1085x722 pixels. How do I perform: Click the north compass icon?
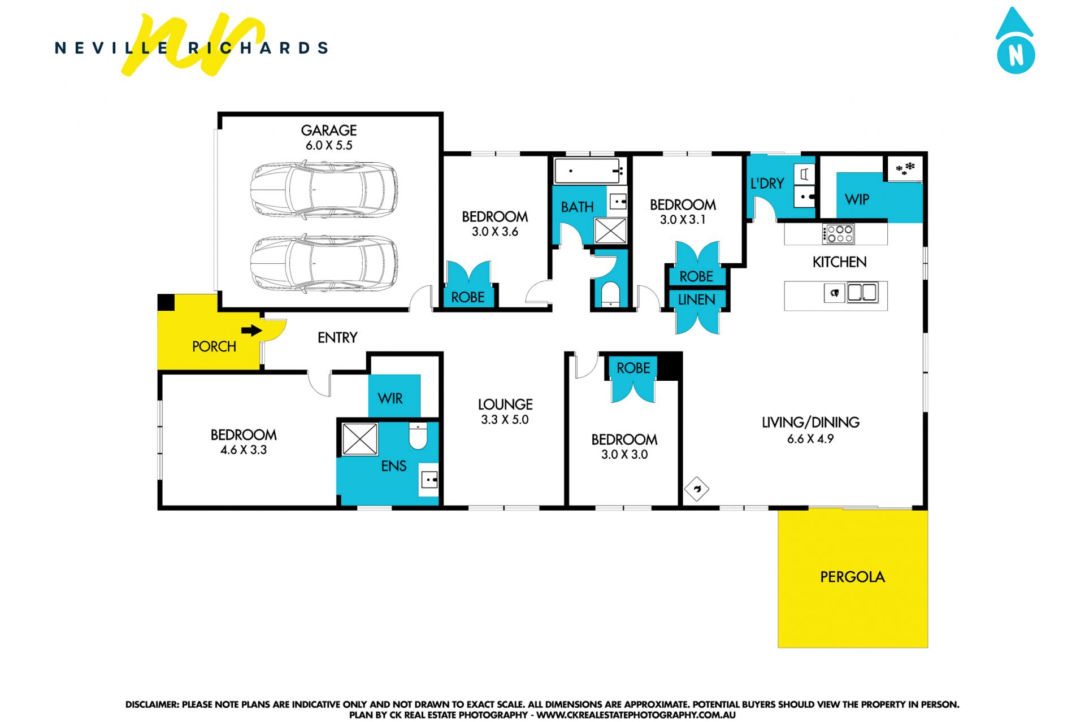(1015, 41)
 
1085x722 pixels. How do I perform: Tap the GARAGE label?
(329, 131)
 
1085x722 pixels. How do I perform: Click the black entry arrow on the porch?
(251, 330)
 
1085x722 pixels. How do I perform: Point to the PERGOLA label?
(852, 577)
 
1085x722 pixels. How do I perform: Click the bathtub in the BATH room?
(589, 171)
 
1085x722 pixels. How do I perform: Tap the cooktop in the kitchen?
(838, 233)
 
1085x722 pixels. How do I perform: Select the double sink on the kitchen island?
(862, 292)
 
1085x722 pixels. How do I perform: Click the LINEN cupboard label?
(697, 300)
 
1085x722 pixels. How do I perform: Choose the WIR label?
(390, 398)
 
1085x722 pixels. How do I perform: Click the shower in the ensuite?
(360, 439)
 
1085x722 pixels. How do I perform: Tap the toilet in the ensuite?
(418, 436)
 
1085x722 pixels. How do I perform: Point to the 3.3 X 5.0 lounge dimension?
(505, 420)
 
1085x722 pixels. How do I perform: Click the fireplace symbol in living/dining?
(697, 489)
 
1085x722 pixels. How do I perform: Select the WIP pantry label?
(857, 199)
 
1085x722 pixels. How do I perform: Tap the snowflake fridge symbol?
(905, 168)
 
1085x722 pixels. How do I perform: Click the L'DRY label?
(767, 184)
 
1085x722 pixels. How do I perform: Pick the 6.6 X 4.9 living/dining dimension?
(810, 439)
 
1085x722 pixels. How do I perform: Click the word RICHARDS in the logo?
(258, 48)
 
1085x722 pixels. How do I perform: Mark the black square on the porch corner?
(166, 302)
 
